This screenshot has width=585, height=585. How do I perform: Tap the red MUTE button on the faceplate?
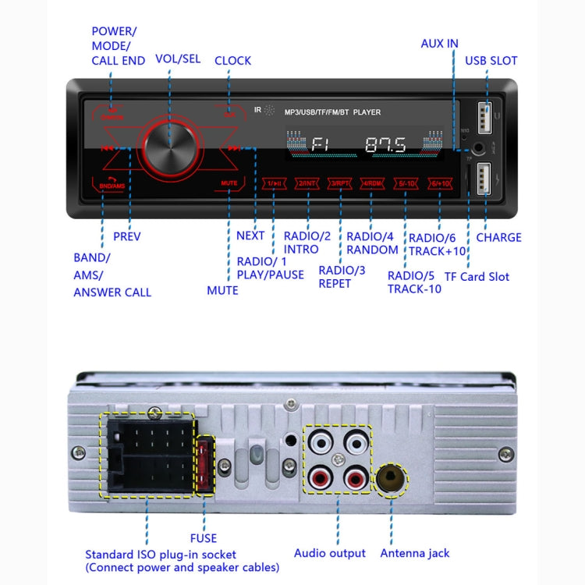tap(229, 183)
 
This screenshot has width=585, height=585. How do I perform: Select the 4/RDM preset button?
tap(372, 183)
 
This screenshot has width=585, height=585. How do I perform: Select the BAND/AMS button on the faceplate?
tap(112, 185)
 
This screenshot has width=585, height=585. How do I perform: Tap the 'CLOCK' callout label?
tap(232, 60)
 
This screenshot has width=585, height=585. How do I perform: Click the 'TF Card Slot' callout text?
tap(476, 276)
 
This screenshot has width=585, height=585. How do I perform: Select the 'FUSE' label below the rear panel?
tap(203, 537)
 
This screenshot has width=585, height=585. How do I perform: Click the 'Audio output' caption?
tap(329, 553)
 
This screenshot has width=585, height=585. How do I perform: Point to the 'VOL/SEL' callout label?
tap(178, 58)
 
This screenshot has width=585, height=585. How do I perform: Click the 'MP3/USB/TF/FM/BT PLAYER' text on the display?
tap(332, 112)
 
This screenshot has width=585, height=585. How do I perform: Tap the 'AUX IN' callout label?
tap(439, 43)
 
